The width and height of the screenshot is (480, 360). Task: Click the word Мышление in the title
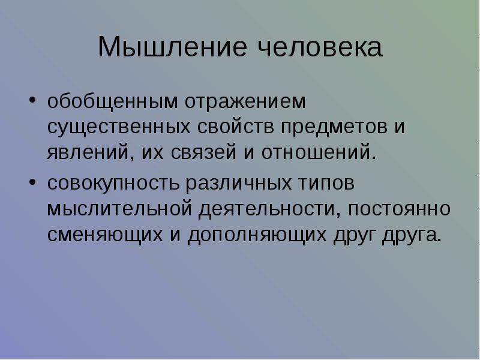tap(172, 47)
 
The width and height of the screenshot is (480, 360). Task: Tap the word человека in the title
tap(320, 47)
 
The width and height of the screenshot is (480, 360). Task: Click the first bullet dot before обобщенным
tap(32, 100)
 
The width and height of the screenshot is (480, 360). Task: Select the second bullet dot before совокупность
tap(32, 182)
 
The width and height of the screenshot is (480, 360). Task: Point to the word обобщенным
tap(112, 101)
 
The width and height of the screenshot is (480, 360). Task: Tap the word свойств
tap(235, 126)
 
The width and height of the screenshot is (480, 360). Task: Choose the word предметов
tap(334, 127)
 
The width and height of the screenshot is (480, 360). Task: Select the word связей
tap(203, 152)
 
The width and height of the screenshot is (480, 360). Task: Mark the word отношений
tap(319, 152)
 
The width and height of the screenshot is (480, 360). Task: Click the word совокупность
tap(113, 184)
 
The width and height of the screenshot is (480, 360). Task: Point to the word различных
tap(238, 184)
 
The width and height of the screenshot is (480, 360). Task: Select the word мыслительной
tap(119, 209)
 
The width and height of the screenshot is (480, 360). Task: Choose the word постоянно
tap(399, 209)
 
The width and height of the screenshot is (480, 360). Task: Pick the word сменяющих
tap(105, 235)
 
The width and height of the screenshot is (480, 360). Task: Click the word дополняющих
tap(257, 235)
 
